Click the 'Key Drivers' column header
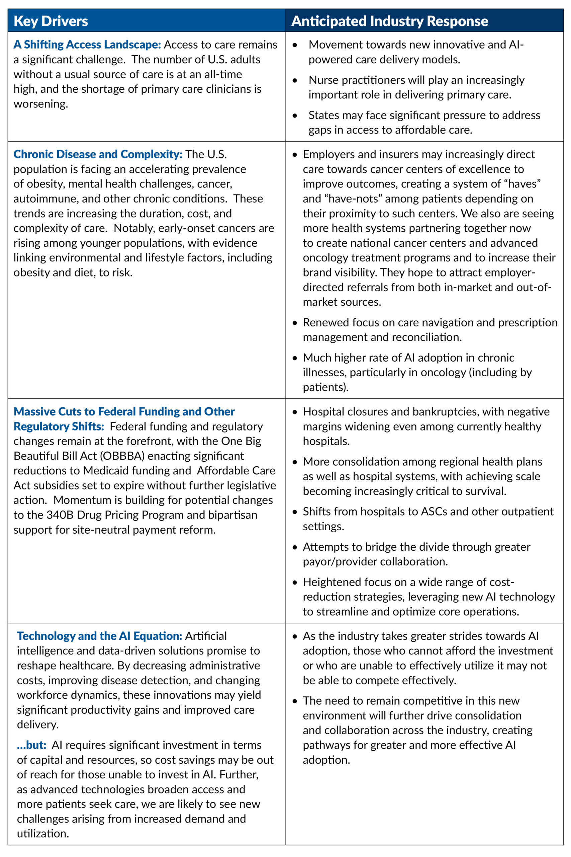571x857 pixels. point(51,21)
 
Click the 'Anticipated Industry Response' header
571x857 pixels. point(389,21)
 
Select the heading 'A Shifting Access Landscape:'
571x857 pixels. point(87,45)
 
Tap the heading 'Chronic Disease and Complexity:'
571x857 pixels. point(98,154)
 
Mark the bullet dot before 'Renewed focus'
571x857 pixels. point(295,323)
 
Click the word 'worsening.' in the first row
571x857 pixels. point(41,104)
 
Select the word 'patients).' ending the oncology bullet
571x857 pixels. point(325,387)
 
